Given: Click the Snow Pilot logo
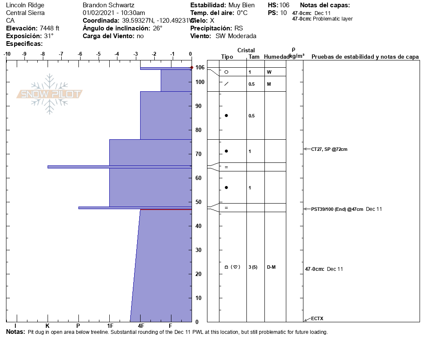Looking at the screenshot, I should [x=50, y=94].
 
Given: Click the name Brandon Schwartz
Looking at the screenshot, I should [x=108, y=5].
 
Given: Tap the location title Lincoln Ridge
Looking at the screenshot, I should [x=25, y=5].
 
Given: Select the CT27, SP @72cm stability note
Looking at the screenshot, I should [x=329, y=149].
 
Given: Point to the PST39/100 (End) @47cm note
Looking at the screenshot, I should [x=337, y=209].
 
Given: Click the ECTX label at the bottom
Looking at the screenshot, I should [x=317, y=318].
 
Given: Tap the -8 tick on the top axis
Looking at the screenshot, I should [x=43, y=54].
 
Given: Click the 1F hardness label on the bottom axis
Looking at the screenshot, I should [x=110, y=326].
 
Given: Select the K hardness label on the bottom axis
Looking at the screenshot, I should [x=48, y=326].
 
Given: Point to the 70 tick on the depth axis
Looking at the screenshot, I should [x=198, y=154].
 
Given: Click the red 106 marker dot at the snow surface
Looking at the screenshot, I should [x=192, y=68].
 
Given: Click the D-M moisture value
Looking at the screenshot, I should [x=271, y=267].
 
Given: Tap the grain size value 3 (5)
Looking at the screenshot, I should [x=253, y=267].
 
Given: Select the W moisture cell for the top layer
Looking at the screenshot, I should [x=269, y=72].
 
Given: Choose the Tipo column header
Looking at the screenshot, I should [x=227, y=57].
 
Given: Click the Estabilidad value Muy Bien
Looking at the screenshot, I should [x=242, y=5].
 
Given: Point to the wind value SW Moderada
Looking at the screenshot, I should [x=236, y=36].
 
